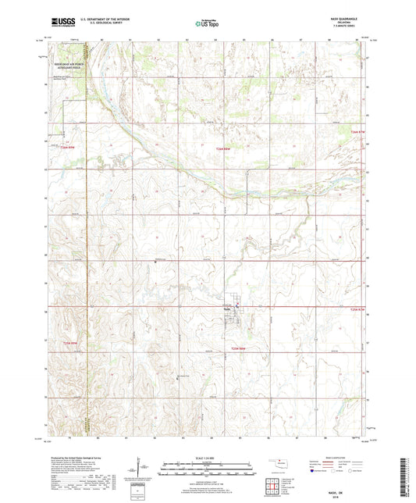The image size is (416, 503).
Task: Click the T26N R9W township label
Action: (x=66, y=147)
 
